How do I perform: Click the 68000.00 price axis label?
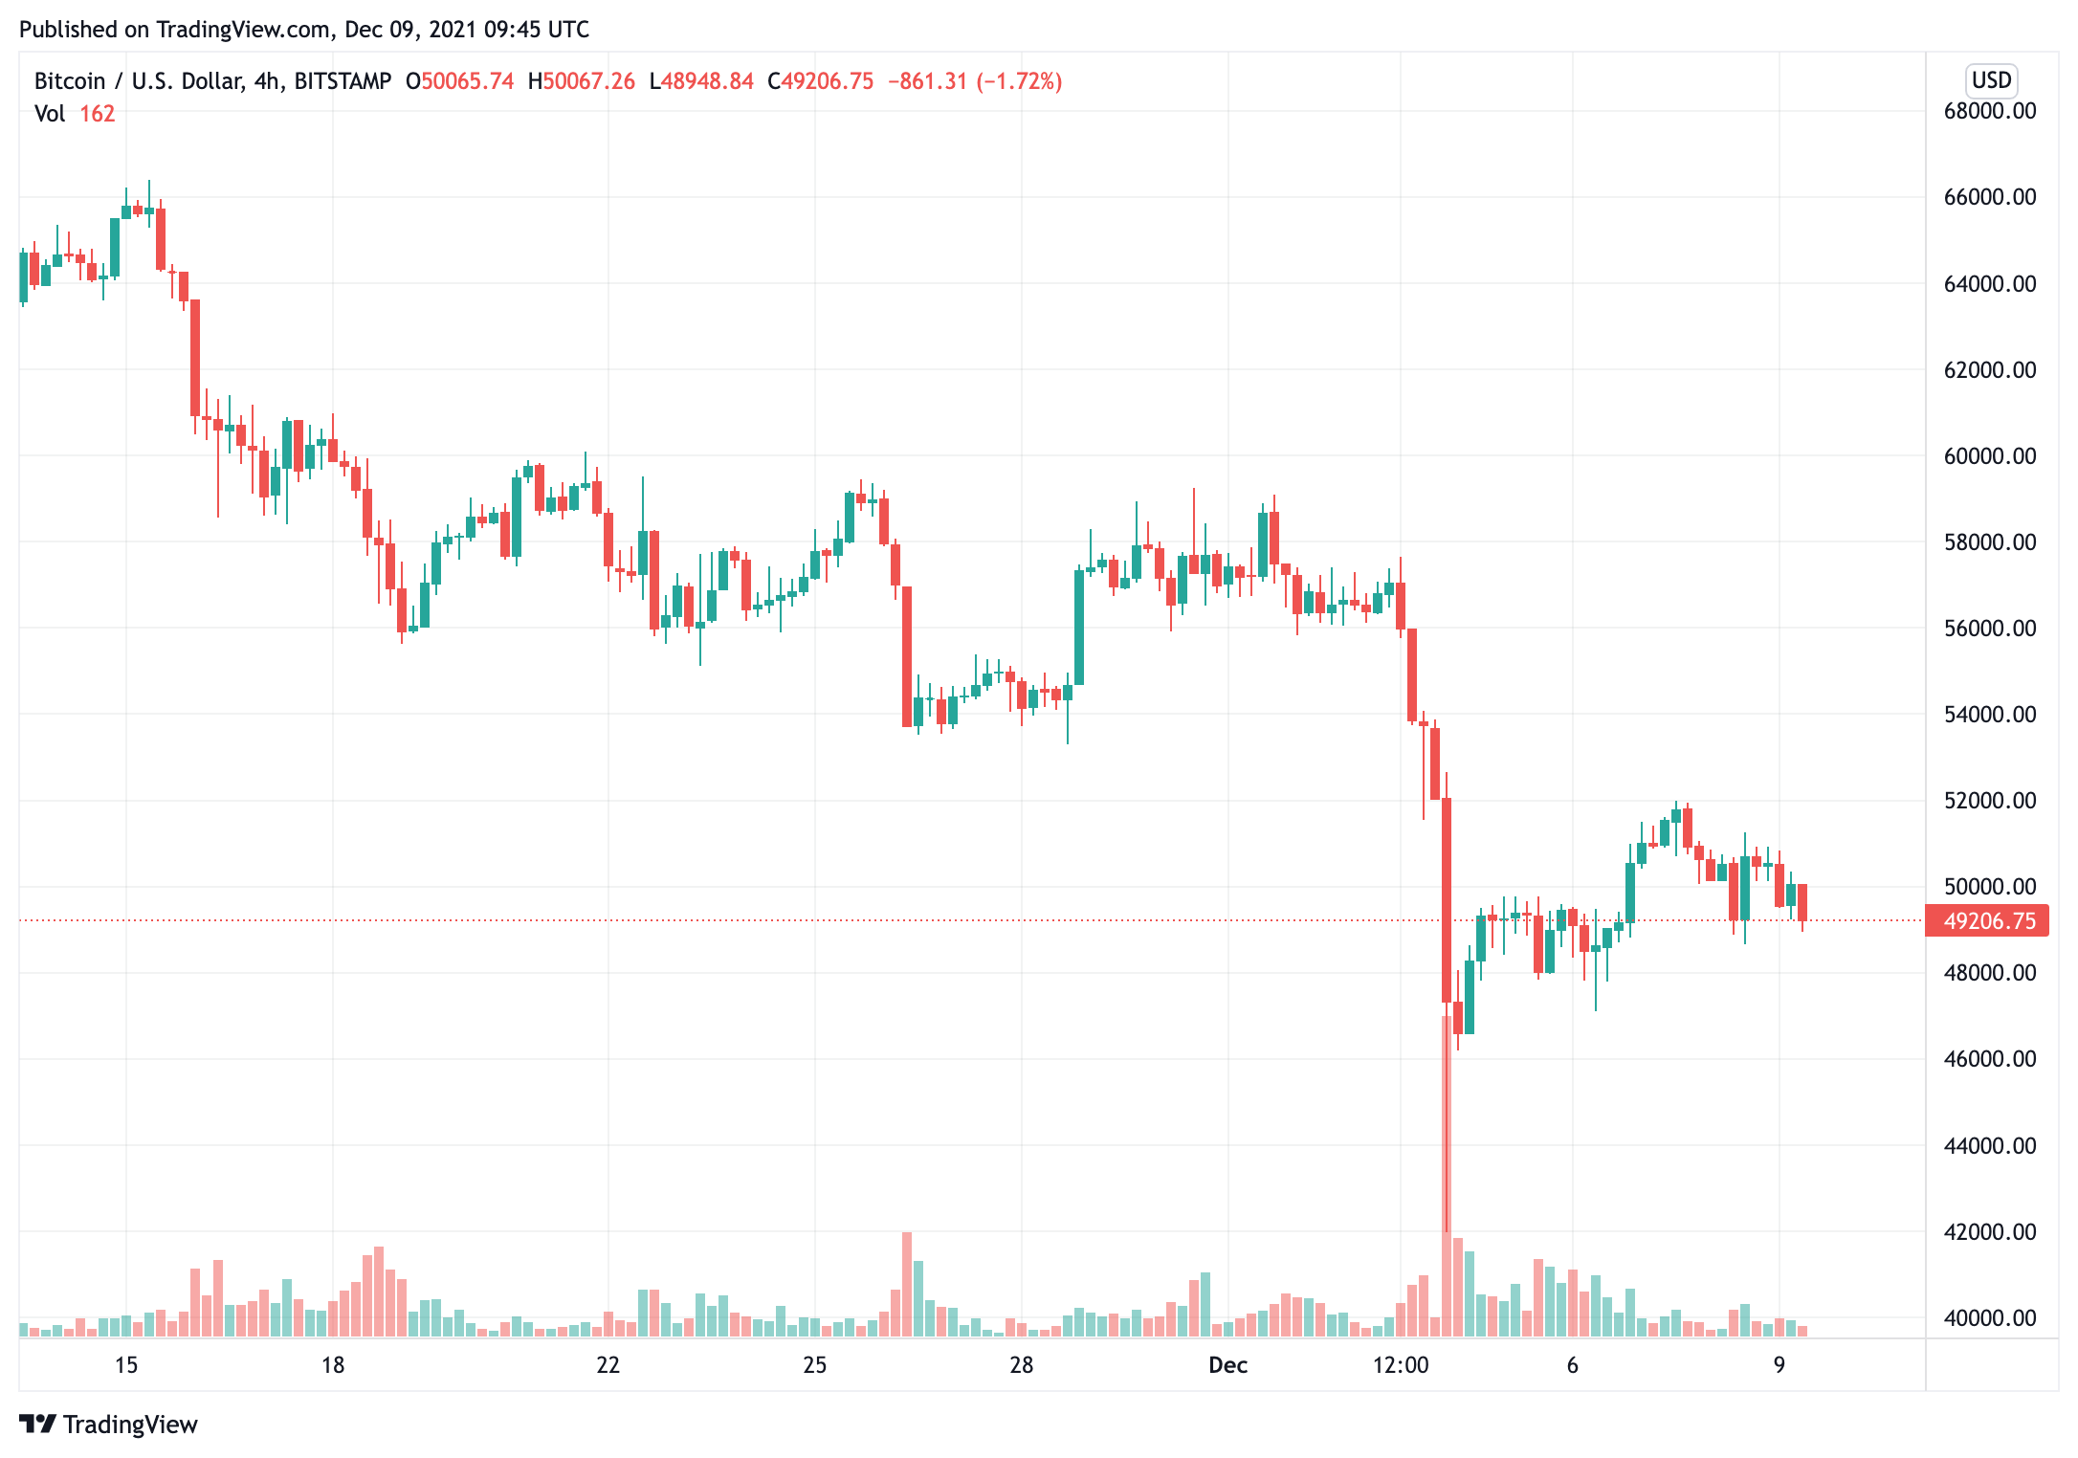(1990, 111)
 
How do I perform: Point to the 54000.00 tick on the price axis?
(1990, 715)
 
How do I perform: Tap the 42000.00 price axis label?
(1990, 1232)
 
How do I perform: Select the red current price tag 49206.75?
(1988, 921)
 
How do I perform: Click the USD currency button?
(1992, 80)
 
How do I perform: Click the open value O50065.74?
(460, 81)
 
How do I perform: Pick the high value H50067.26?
(582, 81)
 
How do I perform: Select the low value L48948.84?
(701, 81)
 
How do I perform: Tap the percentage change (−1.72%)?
(1019, 81)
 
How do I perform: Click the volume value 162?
(97, 114)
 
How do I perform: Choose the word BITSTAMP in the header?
(343, 81)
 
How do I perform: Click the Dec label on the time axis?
(1227, 1365)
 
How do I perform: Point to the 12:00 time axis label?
(1401, 1365)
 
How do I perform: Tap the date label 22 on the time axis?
(608, 1365)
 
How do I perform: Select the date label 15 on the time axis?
(126, 1365)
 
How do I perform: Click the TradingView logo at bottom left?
(108, 1425)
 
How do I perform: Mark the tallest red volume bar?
(1447, 1177)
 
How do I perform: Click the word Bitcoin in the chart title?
(70, 81)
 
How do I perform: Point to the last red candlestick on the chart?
(1802, 903)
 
